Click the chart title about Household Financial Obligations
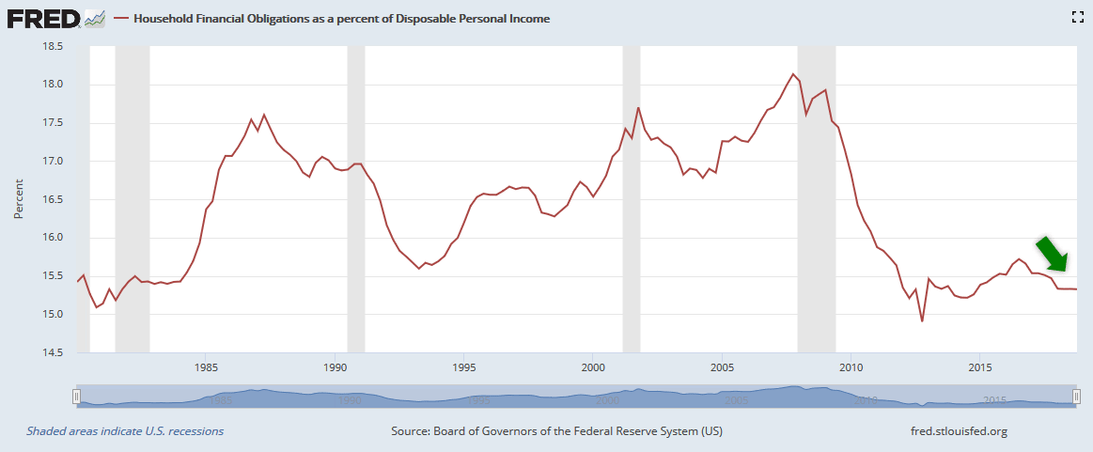[342, 19]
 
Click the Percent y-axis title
[18, 199]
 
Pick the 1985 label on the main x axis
[207, 366]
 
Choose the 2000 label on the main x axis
[593, 366]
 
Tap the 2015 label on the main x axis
[980, 366]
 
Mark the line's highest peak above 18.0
[793, 74]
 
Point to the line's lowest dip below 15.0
[922, 320]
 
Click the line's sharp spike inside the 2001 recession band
[638, 108]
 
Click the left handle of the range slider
[76, 397]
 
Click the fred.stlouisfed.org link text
[953, 431]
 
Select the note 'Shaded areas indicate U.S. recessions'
[125, 431]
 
